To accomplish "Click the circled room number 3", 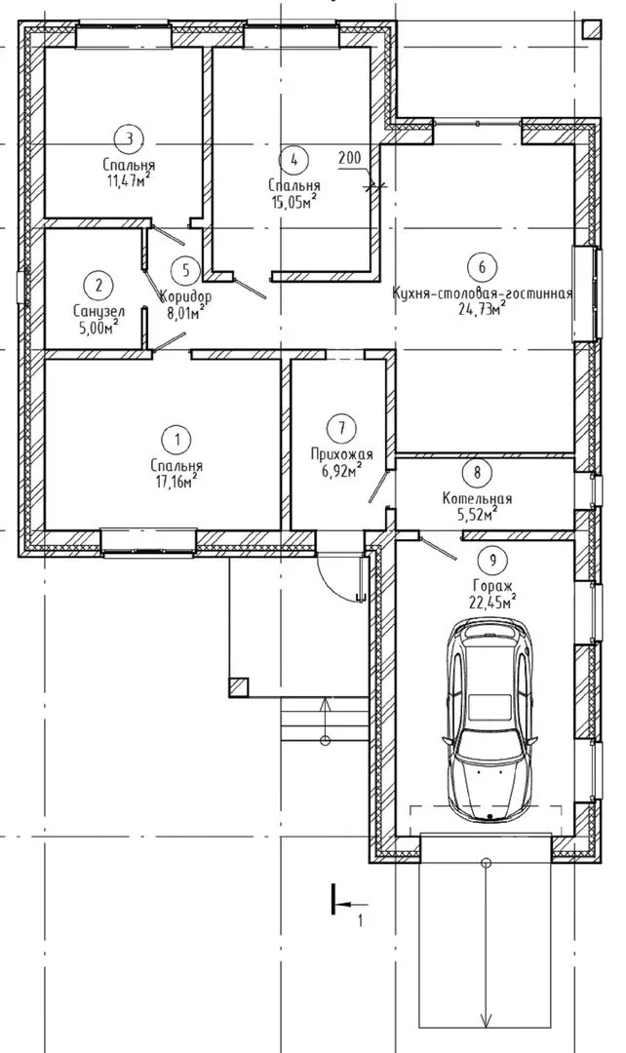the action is [129, 139].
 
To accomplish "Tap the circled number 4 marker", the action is [293, 160].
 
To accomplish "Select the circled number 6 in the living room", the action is [481, 266].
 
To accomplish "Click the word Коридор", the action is [186, 296].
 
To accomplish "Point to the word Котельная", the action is [477, 499].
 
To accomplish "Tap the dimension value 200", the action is [349, 159].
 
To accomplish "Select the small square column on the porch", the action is [239, 687].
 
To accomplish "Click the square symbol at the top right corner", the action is [590, 30].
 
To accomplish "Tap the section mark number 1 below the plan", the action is [361, 920].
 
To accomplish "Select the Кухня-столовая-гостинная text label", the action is [482, 293].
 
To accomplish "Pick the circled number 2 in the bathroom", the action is [99, 285].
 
